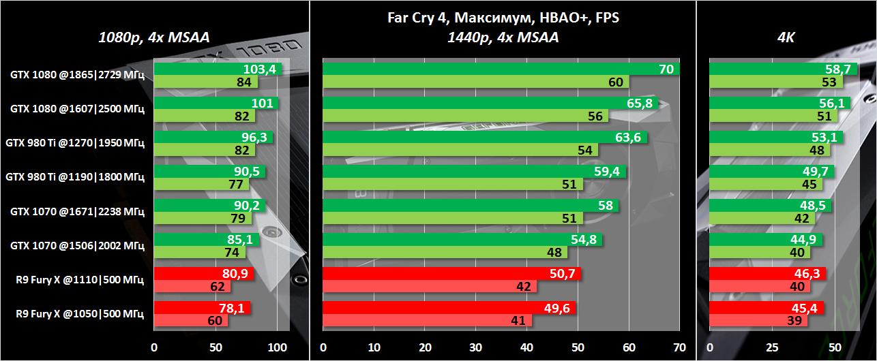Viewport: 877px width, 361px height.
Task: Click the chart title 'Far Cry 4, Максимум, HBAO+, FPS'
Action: pyautogui.click(x=502, y=18)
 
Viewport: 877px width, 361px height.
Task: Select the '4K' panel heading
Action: pyautogui.click(x=786, y=38)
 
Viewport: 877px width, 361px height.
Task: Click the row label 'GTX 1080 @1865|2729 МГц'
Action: pyautogui.click(x=77, y=75)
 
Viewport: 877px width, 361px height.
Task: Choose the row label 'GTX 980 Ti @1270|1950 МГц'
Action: pyautogui.click(x=75, y=143)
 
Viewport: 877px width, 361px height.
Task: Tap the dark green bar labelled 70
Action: pyautogui.click(x=501, y=69)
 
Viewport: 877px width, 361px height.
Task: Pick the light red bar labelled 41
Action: pyautogui.click(x=427, y=320)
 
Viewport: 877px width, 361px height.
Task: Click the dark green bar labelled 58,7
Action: pyautogui.click(x=770, y=69)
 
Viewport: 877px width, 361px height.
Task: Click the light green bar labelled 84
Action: pyautogui.click(x=205, y=82)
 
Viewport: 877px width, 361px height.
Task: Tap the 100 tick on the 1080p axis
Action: pyautogui.click(x=277, y=347)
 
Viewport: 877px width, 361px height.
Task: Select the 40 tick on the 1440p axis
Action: pyautogui.click(x=526, y=347)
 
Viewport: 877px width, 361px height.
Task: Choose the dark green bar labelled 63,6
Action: pyautogui.click(x=484, y=137)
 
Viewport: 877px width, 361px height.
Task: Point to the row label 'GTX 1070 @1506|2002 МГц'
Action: pyautogui.click(x=77, y=245)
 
